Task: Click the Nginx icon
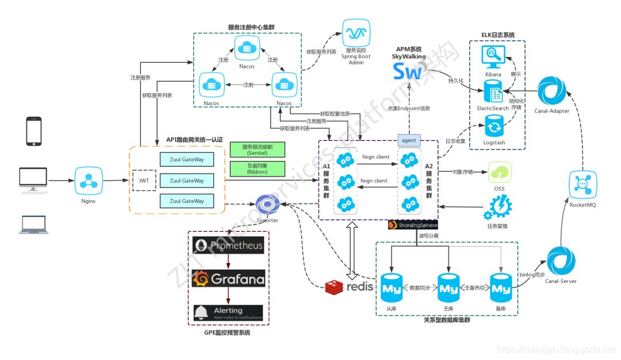[x=89, y=181]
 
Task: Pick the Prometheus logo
[x=229, y=246]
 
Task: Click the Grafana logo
[x=229, y=279]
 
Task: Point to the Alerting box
[x=228, y=313]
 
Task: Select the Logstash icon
[x=493, y=126]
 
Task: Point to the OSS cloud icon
[x=499, y=172]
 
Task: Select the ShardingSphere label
[x=413, y=225]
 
